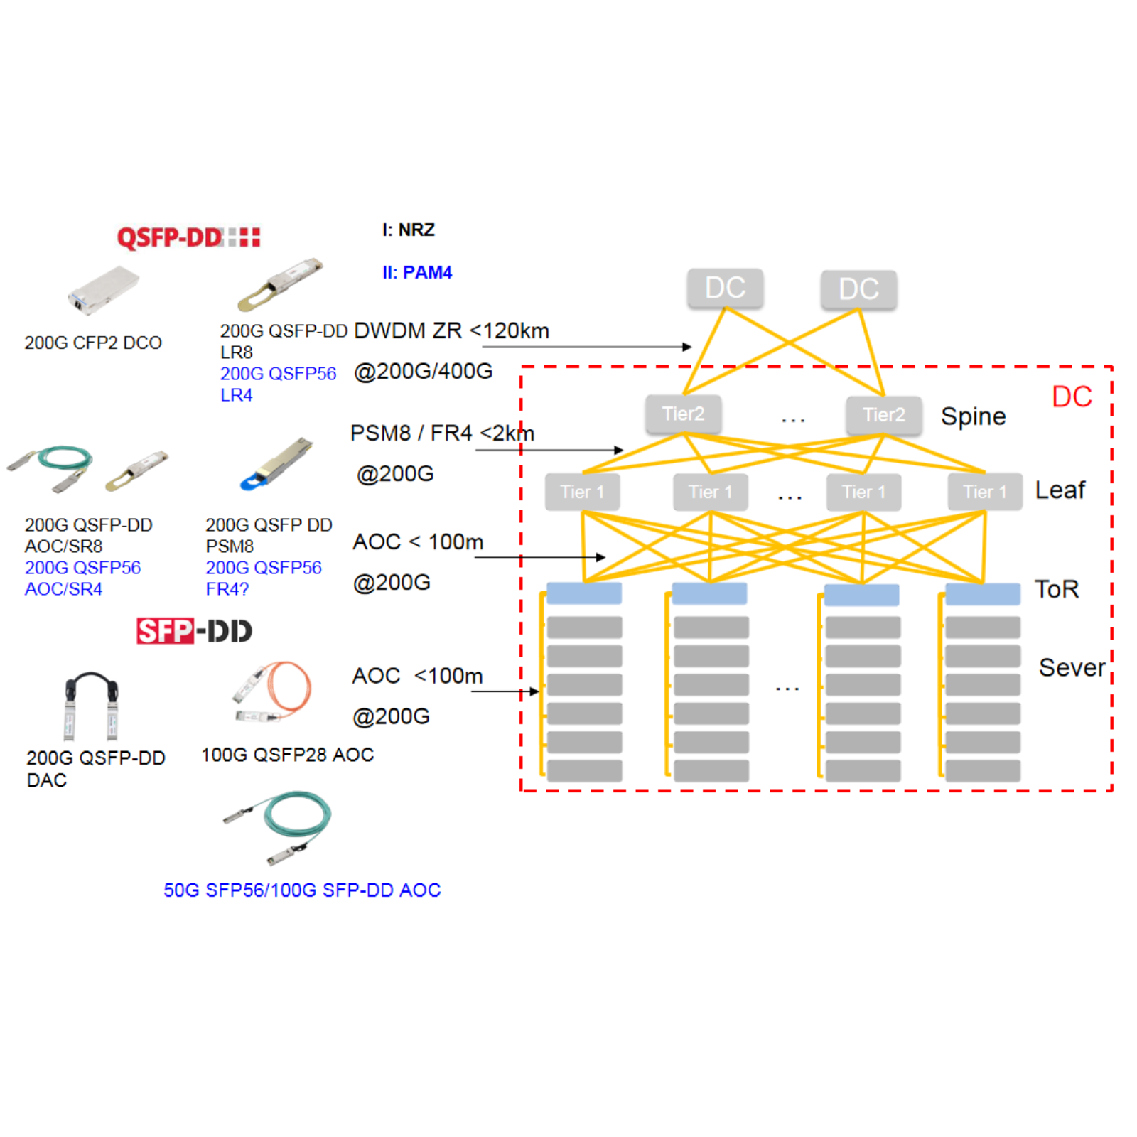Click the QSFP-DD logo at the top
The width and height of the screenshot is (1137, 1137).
[188, 237]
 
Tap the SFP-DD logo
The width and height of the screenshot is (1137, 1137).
[194, 630]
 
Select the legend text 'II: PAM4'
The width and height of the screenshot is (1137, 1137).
[417, 272]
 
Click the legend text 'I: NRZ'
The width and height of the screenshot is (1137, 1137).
[409, 230]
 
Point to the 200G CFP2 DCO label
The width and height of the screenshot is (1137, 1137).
[93, 343]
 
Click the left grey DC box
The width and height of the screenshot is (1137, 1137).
[725, 288]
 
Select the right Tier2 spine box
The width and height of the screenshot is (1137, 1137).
[883, 414]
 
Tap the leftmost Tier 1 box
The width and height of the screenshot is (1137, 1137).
[582, 492]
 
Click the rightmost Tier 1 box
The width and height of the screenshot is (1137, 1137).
[984, 492]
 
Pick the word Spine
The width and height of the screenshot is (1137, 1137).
[973, 416]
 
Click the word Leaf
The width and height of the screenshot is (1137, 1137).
[1060, 490]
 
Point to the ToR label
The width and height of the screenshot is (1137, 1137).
[1057, 589]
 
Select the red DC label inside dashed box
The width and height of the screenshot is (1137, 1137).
[1072, 397]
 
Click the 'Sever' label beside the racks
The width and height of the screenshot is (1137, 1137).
[1072, 667]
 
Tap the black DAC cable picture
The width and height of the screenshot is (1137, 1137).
[92, 704]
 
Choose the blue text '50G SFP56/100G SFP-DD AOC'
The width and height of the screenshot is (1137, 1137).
[302, 890]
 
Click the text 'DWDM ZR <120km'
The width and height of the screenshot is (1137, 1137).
[451, 330]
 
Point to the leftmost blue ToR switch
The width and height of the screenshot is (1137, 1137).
[584, 593]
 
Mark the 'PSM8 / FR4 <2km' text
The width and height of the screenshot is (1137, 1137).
[442, 433]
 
